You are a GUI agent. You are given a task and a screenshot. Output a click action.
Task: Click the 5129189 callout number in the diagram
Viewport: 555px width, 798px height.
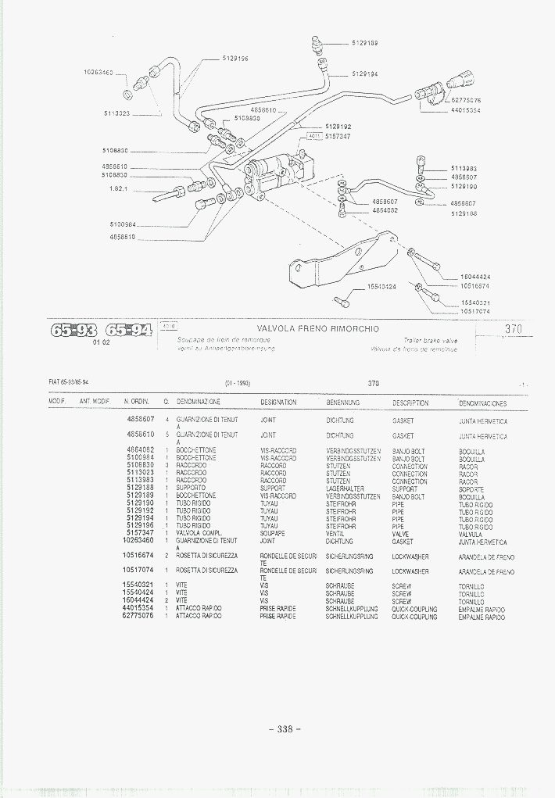pos(365,44)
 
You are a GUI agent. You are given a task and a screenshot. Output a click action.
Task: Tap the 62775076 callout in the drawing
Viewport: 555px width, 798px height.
pos(466,101)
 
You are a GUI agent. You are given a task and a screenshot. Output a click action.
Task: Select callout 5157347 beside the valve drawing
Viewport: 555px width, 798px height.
pos(338,136)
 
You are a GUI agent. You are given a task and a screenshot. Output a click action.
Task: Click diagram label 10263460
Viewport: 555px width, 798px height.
pos(98,73)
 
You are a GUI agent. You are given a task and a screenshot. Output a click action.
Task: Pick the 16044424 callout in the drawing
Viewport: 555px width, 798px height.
pos(475,277)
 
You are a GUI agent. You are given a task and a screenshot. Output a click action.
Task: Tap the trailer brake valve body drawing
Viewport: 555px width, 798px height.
pos(277,177)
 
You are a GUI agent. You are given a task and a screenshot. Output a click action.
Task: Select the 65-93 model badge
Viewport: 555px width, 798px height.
pos(73,330)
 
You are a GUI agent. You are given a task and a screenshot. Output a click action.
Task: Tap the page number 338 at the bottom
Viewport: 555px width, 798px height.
pos(284,729)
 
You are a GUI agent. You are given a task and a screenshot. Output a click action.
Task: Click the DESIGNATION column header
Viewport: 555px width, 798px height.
pos(278,403)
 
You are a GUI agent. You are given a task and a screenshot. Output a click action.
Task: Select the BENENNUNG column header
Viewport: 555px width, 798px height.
pos(342,403)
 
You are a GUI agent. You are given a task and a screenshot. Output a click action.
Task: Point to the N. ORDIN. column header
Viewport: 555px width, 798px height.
pos(137,403)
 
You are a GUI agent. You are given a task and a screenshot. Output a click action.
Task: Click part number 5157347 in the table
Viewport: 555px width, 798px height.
pos(138,534)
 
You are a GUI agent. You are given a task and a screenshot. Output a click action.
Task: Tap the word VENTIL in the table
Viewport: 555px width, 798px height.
pos(335,534)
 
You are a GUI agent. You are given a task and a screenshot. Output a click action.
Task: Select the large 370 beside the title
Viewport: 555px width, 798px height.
pos(513,329)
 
